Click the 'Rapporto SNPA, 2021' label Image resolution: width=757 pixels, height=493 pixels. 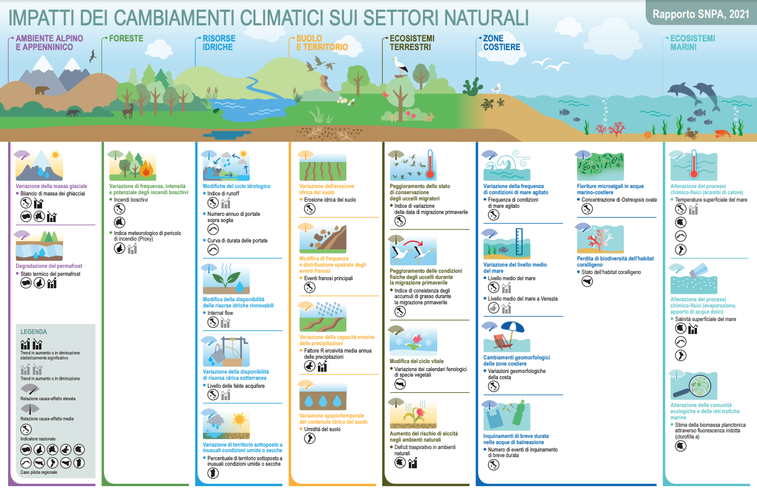tap(701, 14)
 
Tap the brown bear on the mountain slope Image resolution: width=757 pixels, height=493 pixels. tap(42, 90)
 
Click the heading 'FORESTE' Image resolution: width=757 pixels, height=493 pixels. tap(126, 38)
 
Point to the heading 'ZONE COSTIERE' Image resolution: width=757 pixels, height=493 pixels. tap(502, 43)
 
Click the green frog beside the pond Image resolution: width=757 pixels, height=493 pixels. tap(216, 110)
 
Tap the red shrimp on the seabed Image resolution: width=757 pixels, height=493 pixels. tap(722, 133)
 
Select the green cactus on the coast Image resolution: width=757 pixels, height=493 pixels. tap(472, 87)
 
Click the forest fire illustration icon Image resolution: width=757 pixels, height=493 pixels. tap(133, 166)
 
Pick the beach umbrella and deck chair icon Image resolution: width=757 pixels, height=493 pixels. tap(507, 337)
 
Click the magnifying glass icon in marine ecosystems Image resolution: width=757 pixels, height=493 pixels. tap(693, 385)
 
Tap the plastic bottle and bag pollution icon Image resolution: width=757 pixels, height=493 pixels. tap(507, 415)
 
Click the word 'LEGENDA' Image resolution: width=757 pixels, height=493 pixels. tap(33, 332)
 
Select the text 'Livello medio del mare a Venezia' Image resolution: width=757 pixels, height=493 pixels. tap(523, 299)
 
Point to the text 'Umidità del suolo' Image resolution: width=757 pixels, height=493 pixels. tap(322, 429)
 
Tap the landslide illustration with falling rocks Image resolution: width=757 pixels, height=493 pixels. tap(323, 238)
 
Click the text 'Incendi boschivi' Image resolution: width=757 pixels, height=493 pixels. tap(130, 200)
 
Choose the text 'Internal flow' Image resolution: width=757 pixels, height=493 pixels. tap(220, 313)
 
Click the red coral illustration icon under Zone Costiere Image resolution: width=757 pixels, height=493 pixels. tap(600, 239)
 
